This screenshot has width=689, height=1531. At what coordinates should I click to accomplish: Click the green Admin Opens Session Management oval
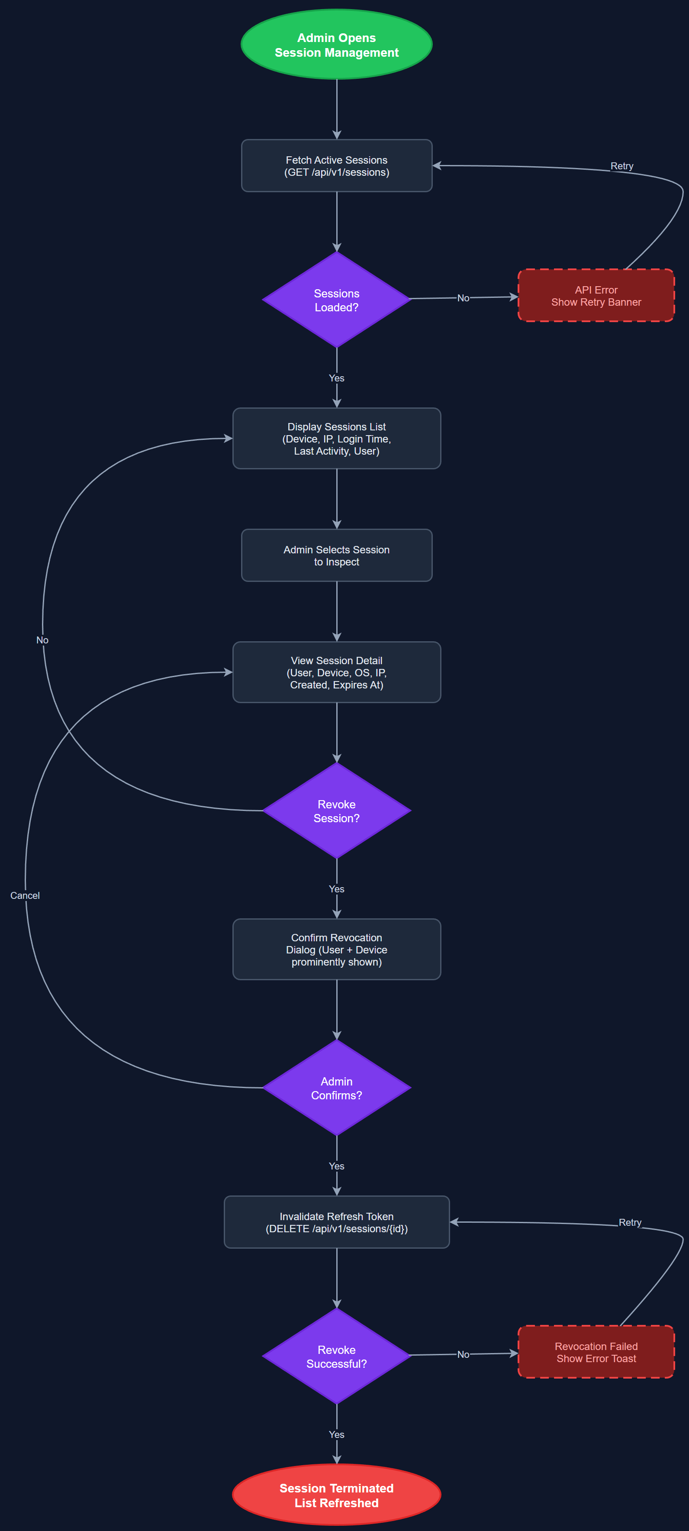click(336, 45)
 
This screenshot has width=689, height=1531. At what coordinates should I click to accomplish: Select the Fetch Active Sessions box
click(336, 166)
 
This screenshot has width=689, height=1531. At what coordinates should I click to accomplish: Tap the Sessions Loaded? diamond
click(336, 300)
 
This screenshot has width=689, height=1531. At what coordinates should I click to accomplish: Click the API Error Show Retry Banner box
click(596, 295)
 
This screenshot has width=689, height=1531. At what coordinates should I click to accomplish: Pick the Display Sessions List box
click(336, 439)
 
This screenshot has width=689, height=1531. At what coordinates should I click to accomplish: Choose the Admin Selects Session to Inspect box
click(336, 555)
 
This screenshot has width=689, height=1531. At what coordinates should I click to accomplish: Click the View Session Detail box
click(336, 672)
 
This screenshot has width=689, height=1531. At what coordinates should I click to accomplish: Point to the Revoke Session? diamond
click(336, 811)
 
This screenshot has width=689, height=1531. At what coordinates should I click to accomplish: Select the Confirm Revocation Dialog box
click(336, 949)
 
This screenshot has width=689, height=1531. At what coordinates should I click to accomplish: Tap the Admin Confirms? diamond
click(336, 1088)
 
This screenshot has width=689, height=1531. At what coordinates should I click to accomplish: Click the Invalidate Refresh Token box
click(336, 1222)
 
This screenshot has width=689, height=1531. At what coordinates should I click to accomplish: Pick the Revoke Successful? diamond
click(336, 1356)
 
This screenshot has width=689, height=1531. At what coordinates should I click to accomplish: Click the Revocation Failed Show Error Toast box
click(596, 1352)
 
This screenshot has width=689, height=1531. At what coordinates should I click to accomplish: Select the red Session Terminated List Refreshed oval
click(336, 1495)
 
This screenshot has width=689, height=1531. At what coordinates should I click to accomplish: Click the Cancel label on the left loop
click(25, 895)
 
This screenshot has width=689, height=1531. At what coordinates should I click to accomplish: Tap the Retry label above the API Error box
click(621, 166)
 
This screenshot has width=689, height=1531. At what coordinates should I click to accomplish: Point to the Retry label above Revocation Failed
click(630, 1222)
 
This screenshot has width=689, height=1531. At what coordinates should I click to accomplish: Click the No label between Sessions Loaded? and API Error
click(463, 298)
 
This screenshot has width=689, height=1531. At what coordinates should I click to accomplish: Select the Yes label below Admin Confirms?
click(336, 1166)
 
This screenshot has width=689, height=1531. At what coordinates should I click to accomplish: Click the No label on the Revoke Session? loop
click(42, 640)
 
